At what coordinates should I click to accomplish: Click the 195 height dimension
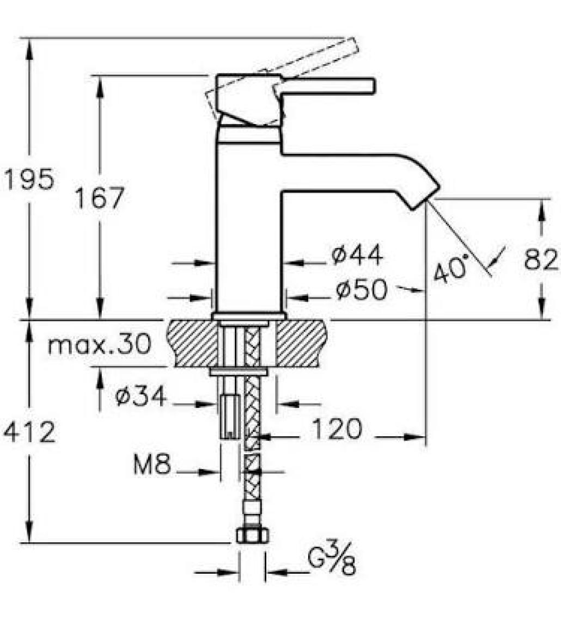click(28, 179)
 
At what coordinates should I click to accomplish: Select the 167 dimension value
click(100, 198)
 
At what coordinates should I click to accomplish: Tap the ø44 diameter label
click(357, 255)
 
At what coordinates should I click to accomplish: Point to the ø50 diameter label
click(361, 290)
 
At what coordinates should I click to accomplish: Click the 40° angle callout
click(450, 269)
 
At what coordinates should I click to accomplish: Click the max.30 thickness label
click(99, 344)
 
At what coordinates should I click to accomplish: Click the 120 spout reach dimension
click(337, 429)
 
